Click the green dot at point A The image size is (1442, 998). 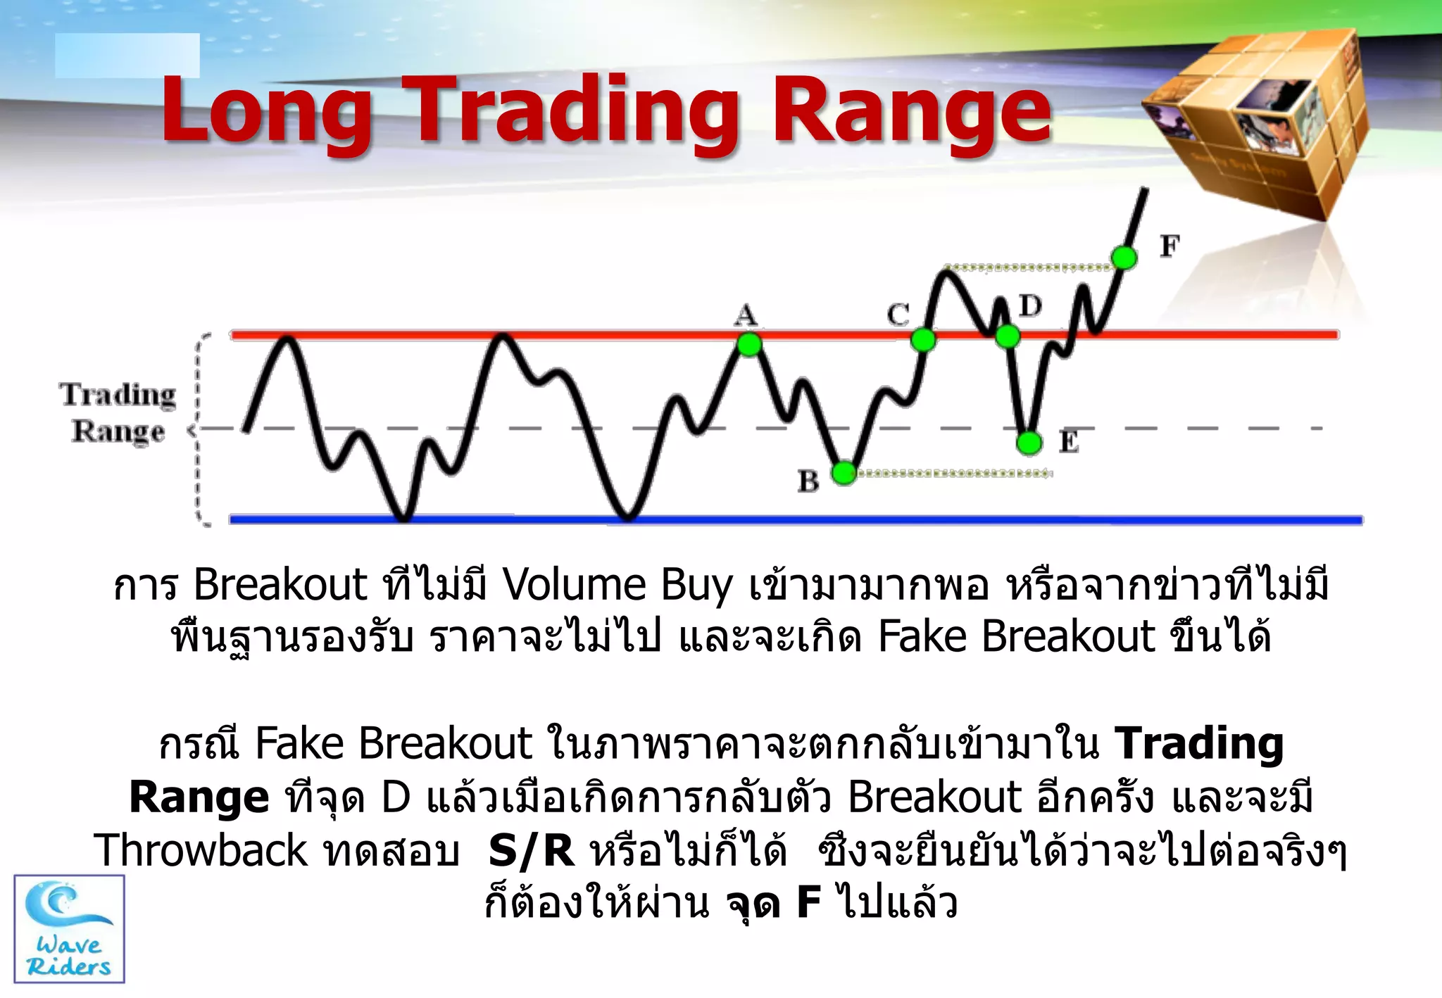click(x=749, y=344)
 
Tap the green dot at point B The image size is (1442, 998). click(x=844, y=473)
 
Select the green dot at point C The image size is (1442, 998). click(x=923, y=340)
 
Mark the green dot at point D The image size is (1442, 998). click(x=1008, y=336)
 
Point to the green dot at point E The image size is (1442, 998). click(x=1029, y=443)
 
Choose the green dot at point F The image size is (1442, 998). click(x=1124, y=258)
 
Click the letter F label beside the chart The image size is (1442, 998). click(x=1170, y=246)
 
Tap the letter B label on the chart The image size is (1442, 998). click(x=808, y=481)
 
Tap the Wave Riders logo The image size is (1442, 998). click(x=69, y=929)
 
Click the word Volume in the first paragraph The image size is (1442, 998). click(x=574, y=585)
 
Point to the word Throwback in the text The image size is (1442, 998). click(x=201, y=850)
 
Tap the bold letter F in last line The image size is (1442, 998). click(x=809, y=903)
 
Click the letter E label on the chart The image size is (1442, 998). click(x=1069, y=442)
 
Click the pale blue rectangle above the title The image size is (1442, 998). click(x=127, y=56)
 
